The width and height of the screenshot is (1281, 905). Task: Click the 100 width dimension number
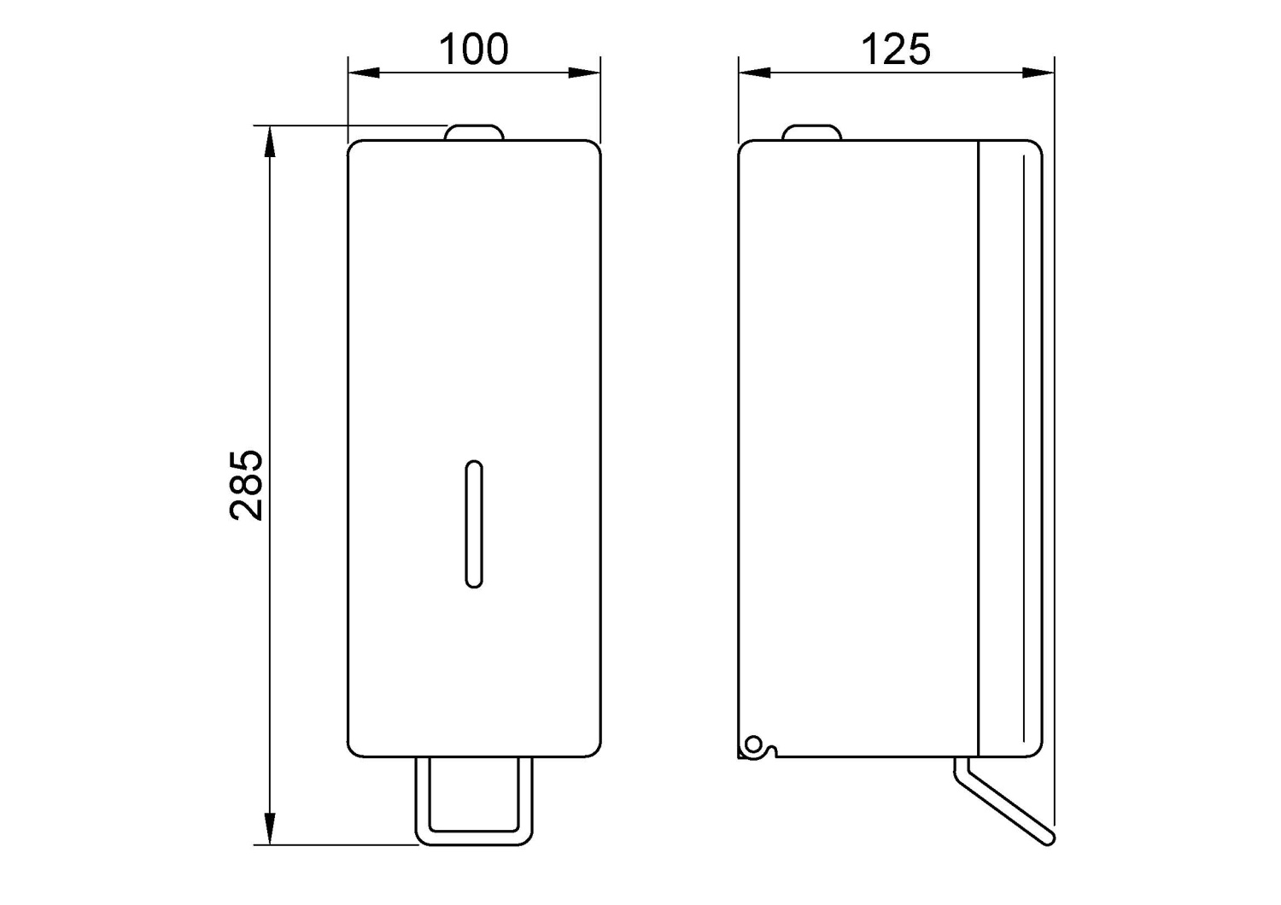[x=473, y=50]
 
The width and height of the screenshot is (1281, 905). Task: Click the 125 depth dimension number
[x=896, y=50]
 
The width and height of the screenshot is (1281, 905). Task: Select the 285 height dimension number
[x=246, y=486]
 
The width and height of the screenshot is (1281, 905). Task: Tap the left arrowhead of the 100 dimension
[x=364, y=73]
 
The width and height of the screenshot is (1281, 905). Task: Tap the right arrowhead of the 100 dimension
[x=584, y=73]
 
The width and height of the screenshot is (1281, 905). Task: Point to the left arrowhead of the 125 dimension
[x=754, y=73]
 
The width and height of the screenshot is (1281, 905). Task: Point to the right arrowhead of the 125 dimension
[x=1038, y=73]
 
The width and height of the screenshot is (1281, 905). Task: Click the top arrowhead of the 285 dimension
[x=270, y=141]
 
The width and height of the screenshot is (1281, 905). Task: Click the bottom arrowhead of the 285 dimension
[x=270, y=828]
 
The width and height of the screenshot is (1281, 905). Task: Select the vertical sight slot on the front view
[x=474, y=523]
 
